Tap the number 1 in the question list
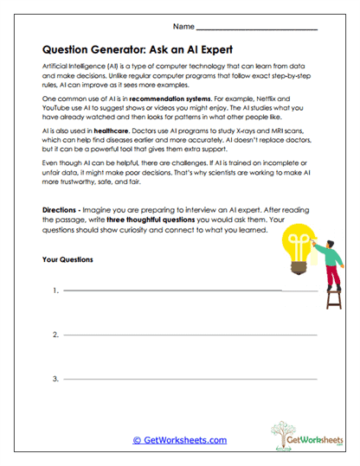pyautogui.click(x=55, y=291)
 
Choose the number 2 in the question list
pyautogui.click(x=55, y=335)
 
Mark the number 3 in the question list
pyautogui.click(x=55, y=379)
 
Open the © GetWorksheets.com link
pyautogui.click(x=179, y=439)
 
